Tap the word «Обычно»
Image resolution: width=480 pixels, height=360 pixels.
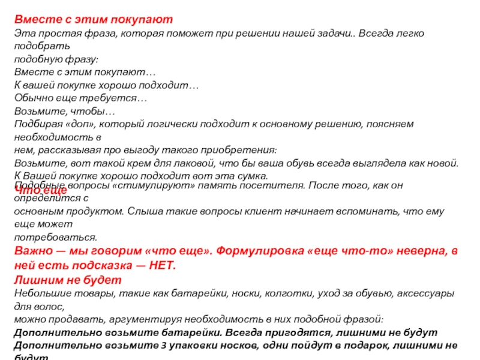pos(31,98)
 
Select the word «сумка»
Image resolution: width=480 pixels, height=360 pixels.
pos(251,176)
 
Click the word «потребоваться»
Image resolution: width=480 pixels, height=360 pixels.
pos(55,238)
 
